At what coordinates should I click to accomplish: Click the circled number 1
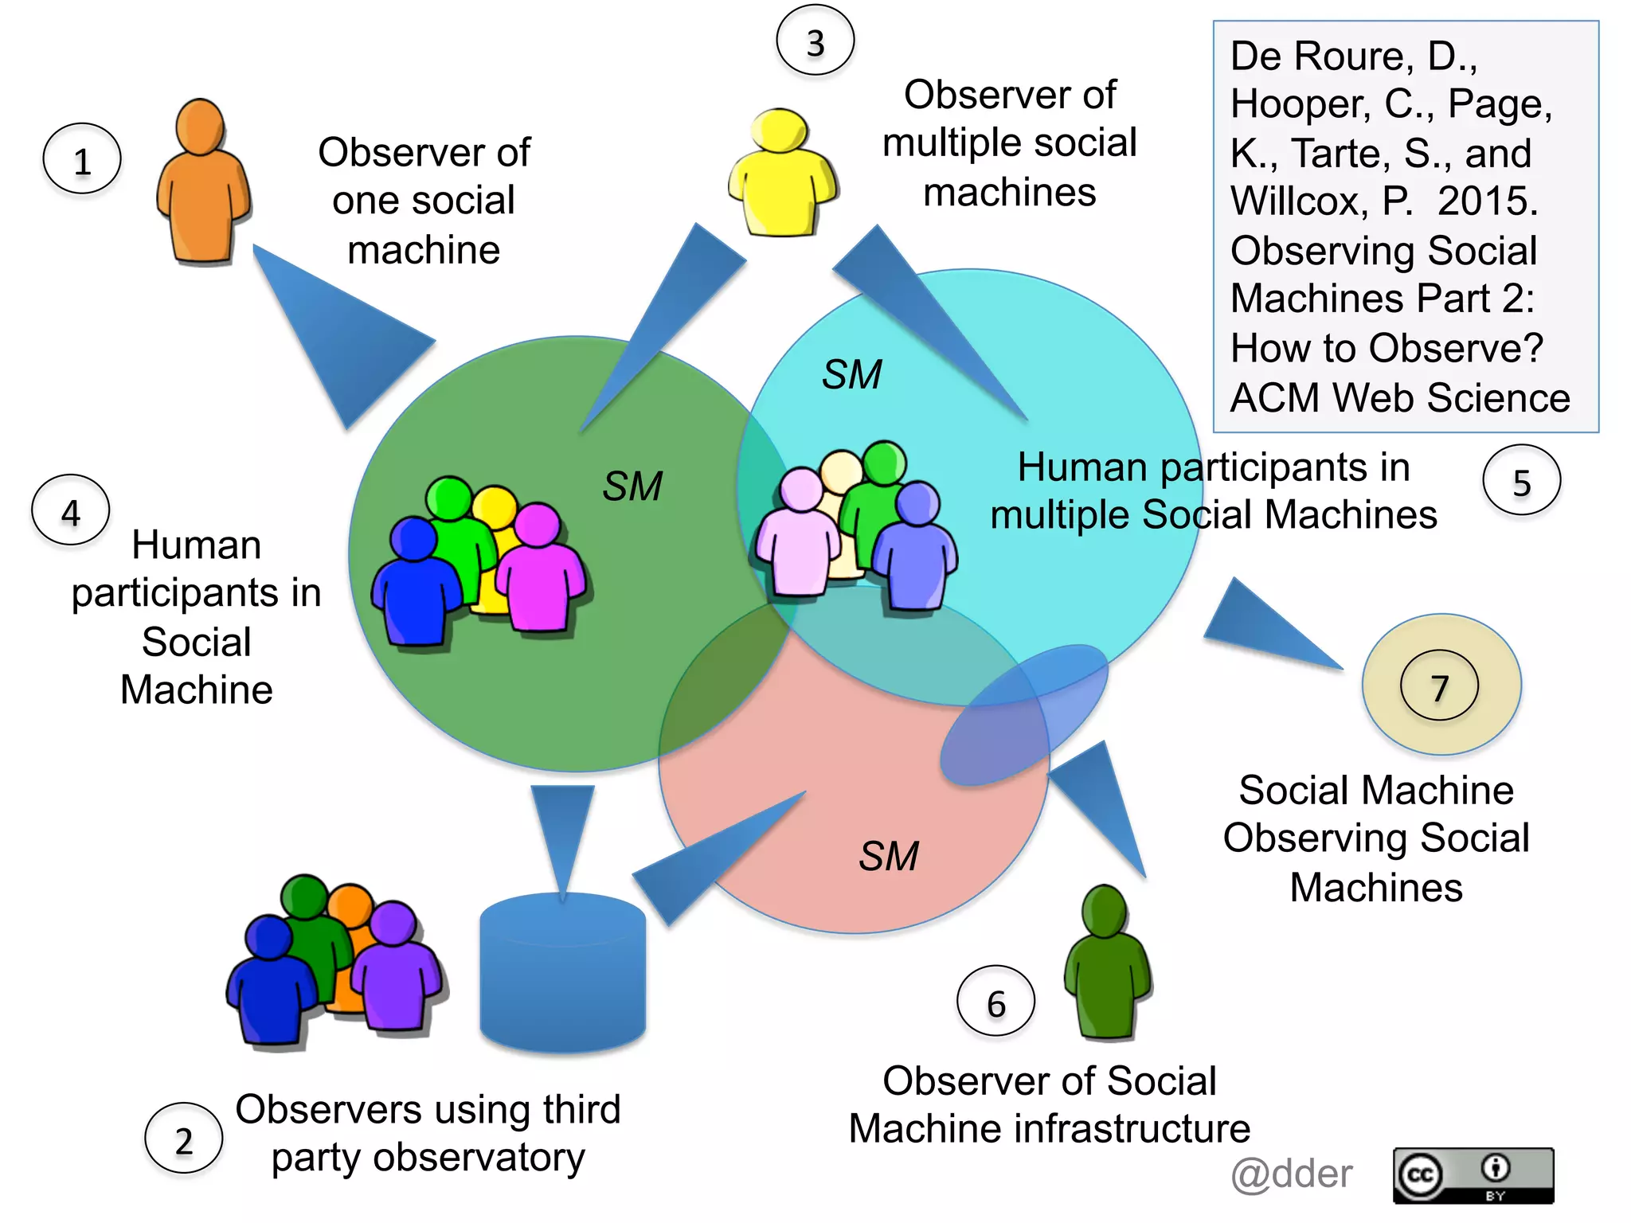(82, 159)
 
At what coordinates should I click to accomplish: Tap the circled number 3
(815, 41)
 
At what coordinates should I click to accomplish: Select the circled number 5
(1521, 481)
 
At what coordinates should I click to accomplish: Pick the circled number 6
(995, 1002)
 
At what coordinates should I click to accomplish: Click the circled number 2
(183, 1139)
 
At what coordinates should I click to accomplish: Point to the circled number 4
(71, 510)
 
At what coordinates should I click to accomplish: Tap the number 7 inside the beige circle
(1439, 686)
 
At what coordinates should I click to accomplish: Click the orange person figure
(203, 183)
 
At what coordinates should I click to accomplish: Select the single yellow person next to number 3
(782, 174)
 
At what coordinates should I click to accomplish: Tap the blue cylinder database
(562, 973)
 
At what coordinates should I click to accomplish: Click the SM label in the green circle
(632, 486)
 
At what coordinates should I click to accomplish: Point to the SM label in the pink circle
(889, 856)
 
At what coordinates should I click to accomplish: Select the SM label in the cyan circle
(852, 373)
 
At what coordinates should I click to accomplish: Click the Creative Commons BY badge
(1473, 1175)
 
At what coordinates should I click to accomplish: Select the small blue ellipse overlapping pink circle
(1024, 714)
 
